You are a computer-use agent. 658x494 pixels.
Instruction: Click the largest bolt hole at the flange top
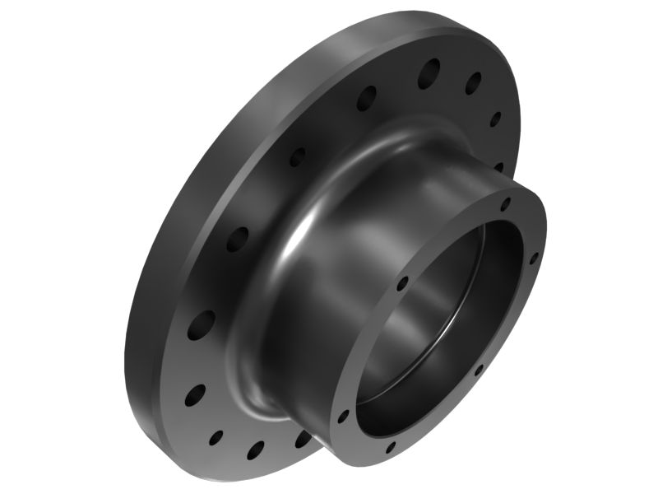click(x=428, y=73)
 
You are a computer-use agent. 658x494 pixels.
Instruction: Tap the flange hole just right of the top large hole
click(x=473, y=83)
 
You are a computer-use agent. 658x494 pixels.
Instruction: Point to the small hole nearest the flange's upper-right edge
click(x=495, y=119)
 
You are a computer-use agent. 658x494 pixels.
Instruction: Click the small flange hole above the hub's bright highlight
click(x=297, y=156)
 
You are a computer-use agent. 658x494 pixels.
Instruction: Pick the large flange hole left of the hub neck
click(x=237, y=239)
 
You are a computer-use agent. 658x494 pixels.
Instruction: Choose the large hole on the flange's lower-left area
click(x=201, y=325)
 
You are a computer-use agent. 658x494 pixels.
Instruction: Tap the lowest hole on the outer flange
click(x=256, y=450)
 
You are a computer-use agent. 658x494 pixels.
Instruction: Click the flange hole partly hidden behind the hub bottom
click(x=303, y=439)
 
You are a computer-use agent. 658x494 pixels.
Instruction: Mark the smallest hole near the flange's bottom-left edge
click(x=216, y=436)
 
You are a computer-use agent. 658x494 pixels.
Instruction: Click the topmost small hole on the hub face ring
click(x=506, y=203)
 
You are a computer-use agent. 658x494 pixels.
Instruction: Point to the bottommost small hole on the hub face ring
click(x=391, y=448)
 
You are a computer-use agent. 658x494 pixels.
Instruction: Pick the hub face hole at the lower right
click(x=479, y=370)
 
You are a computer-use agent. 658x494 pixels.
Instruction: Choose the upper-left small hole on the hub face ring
click(x=402, y=284)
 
